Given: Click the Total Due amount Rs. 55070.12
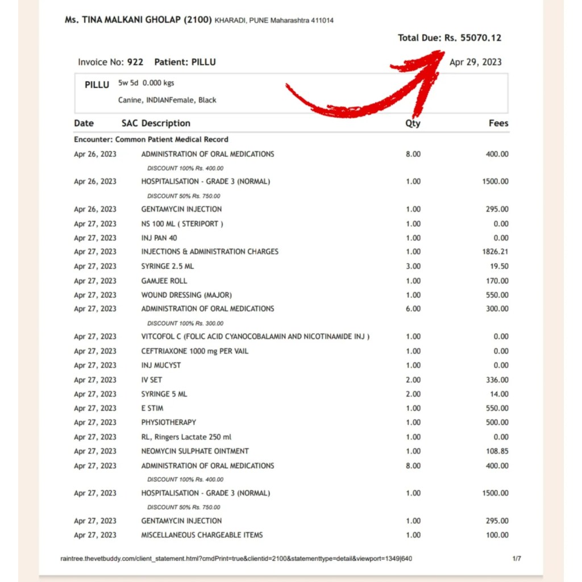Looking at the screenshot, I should click(473, 38).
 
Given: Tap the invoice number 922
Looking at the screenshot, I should click(135, 62).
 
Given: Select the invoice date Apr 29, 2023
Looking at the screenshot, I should click(475, 62).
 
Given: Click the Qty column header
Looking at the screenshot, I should click(413, 123).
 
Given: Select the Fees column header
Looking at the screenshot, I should click(498, 123).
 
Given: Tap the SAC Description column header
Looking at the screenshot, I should click(156, 123).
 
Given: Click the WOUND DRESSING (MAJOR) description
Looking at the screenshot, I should click(186, 295).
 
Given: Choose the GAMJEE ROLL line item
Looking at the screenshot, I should click(164, 281).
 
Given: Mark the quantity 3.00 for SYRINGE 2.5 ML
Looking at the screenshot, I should click(413, 266).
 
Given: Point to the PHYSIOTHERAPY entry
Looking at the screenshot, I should click(169, 422).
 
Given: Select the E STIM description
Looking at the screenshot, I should click(152, 408).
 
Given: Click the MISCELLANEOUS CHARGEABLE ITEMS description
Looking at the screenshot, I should click(202, 535).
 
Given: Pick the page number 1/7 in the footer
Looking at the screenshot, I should click(517, 559).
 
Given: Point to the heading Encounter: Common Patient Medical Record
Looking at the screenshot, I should click(151, 139).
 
